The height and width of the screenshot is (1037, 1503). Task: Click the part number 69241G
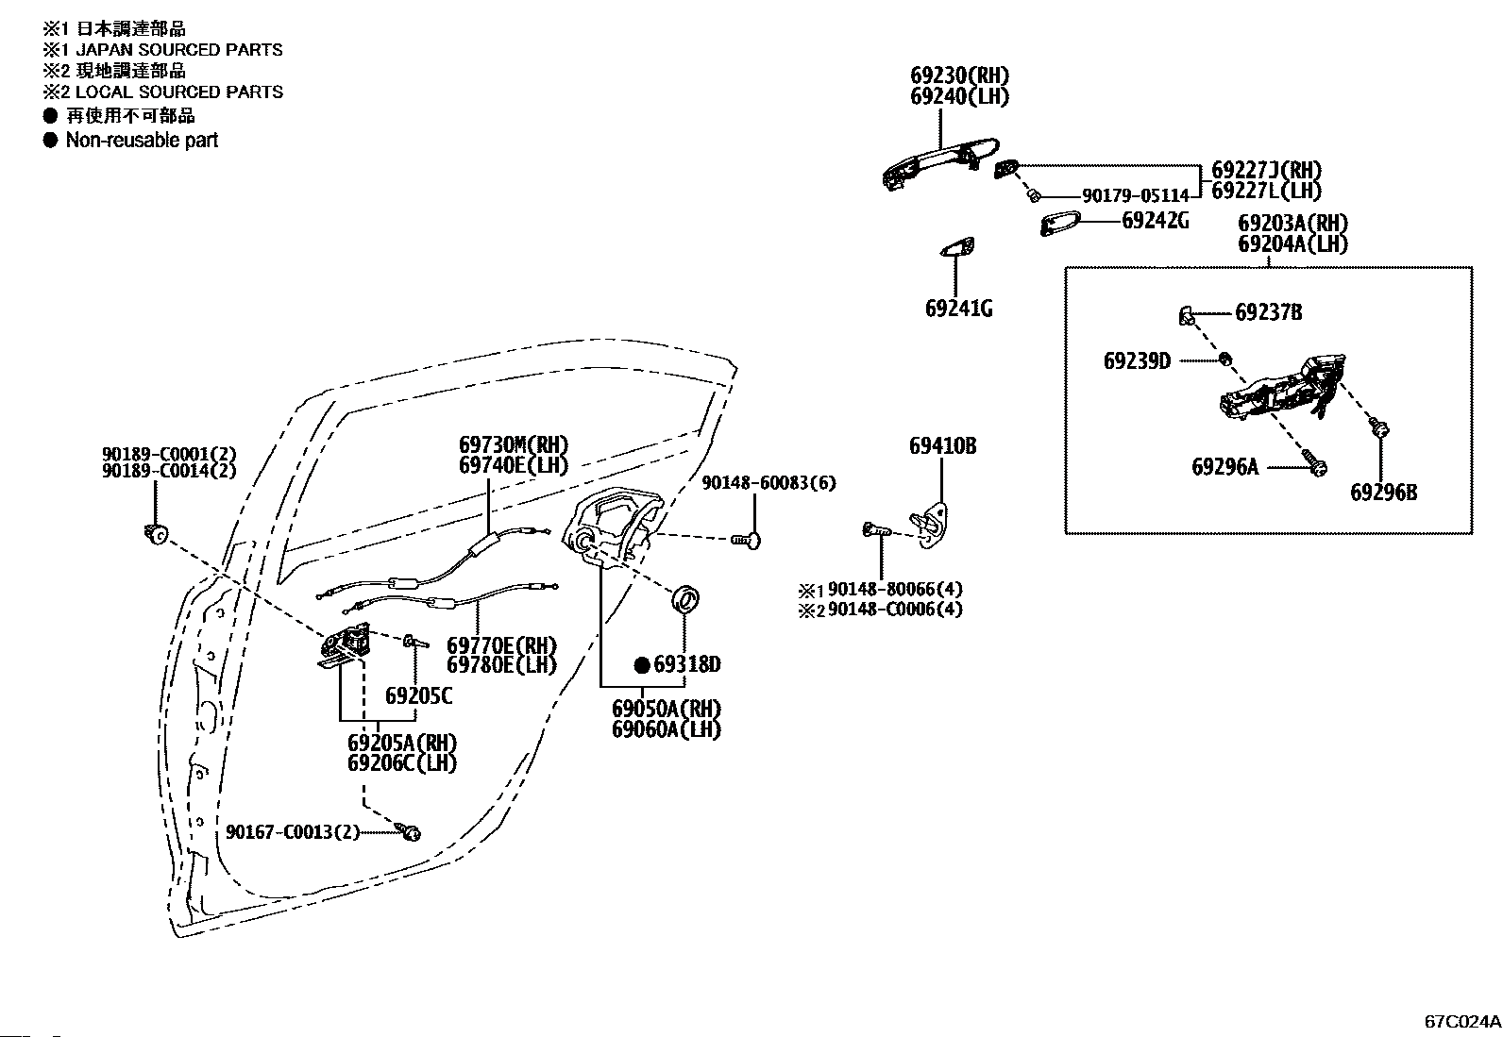click(958, 309)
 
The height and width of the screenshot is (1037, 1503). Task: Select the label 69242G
click(1156, 221)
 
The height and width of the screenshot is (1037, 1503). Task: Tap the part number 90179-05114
click(1136, 196)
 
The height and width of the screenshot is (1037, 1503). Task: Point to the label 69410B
click(943, 446)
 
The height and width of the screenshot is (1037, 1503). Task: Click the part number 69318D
click(687, 664)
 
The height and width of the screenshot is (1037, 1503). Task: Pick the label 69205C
click(418, 696)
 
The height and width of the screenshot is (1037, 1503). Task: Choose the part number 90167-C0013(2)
click(293, 832)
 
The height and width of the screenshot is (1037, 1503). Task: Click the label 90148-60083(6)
click(768, 483)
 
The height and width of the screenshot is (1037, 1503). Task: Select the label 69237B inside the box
click(1268, 312)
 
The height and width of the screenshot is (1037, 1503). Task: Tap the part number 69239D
click(1137, 361)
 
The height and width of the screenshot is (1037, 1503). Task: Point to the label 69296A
click(1225, 467)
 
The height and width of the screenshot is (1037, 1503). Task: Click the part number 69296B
click(1383, 493)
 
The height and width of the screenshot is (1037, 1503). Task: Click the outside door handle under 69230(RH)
click(940, 163)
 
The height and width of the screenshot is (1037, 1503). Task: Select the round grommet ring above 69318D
click(685, 598)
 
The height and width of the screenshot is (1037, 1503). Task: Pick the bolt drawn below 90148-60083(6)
click(746, 540)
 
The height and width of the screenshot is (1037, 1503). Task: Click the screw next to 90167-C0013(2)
click(409, 831)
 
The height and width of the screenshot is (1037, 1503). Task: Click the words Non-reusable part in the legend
click(143, 141)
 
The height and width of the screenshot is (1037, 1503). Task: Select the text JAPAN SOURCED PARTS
click(179, 50)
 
